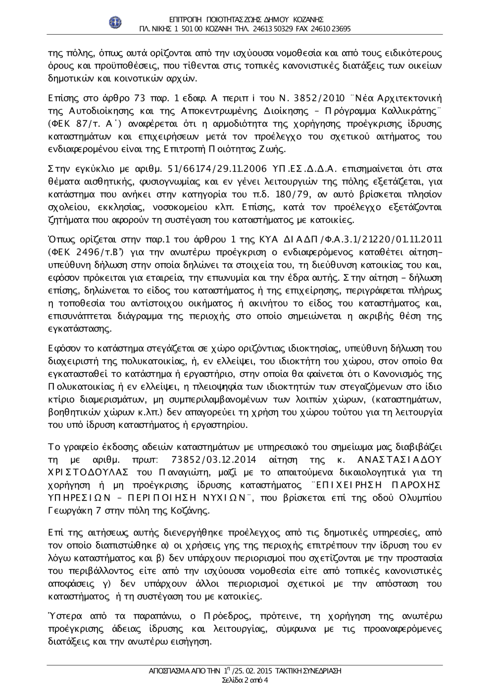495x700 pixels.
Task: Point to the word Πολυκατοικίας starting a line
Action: point(77,387)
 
